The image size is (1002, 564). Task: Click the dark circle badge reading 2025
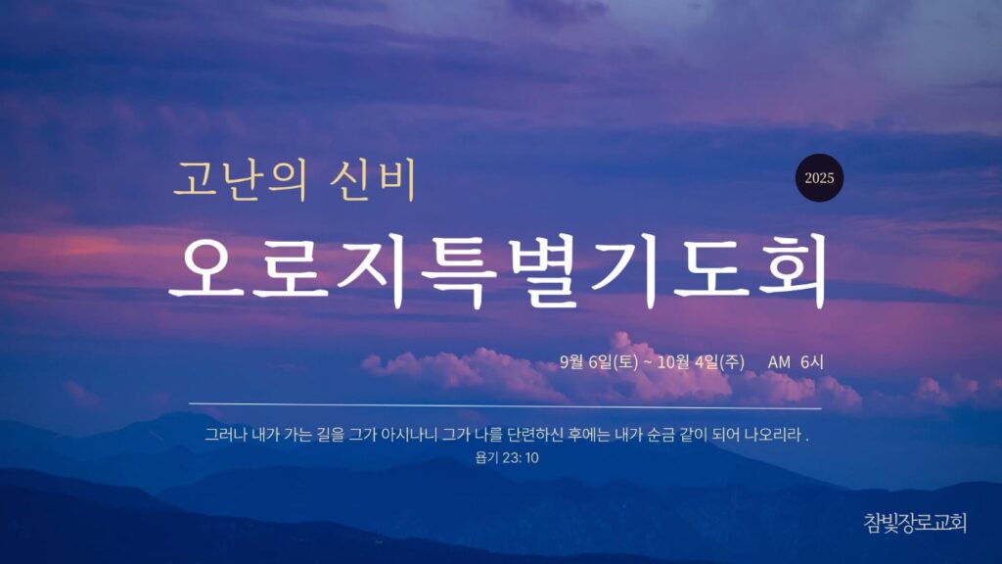click(819, 178)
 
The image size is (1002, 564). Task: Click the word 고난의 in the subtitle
click(240, 180)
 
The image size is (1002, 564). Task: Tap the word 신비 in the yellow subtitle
click(374, 180)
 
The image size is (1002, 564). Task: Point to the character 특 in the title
click(458, 271)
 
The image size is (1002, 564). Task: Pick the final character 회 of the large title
click(793, 271)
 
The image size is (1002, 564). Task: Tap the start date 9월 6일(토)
click(599, 362)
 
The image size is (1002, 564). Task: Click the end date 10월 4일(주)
click(701, 362)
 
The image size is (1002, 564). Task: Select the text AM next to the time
click(779, 362)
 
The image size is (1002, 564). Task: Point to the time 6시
click(811, 362)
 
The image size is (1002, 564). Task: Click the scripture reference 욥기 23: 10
click(507, 458)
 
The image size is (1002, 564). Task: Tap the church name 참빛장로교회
click(915, 523)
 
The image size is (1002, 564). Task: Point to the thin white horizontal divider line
click(505, 405)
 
